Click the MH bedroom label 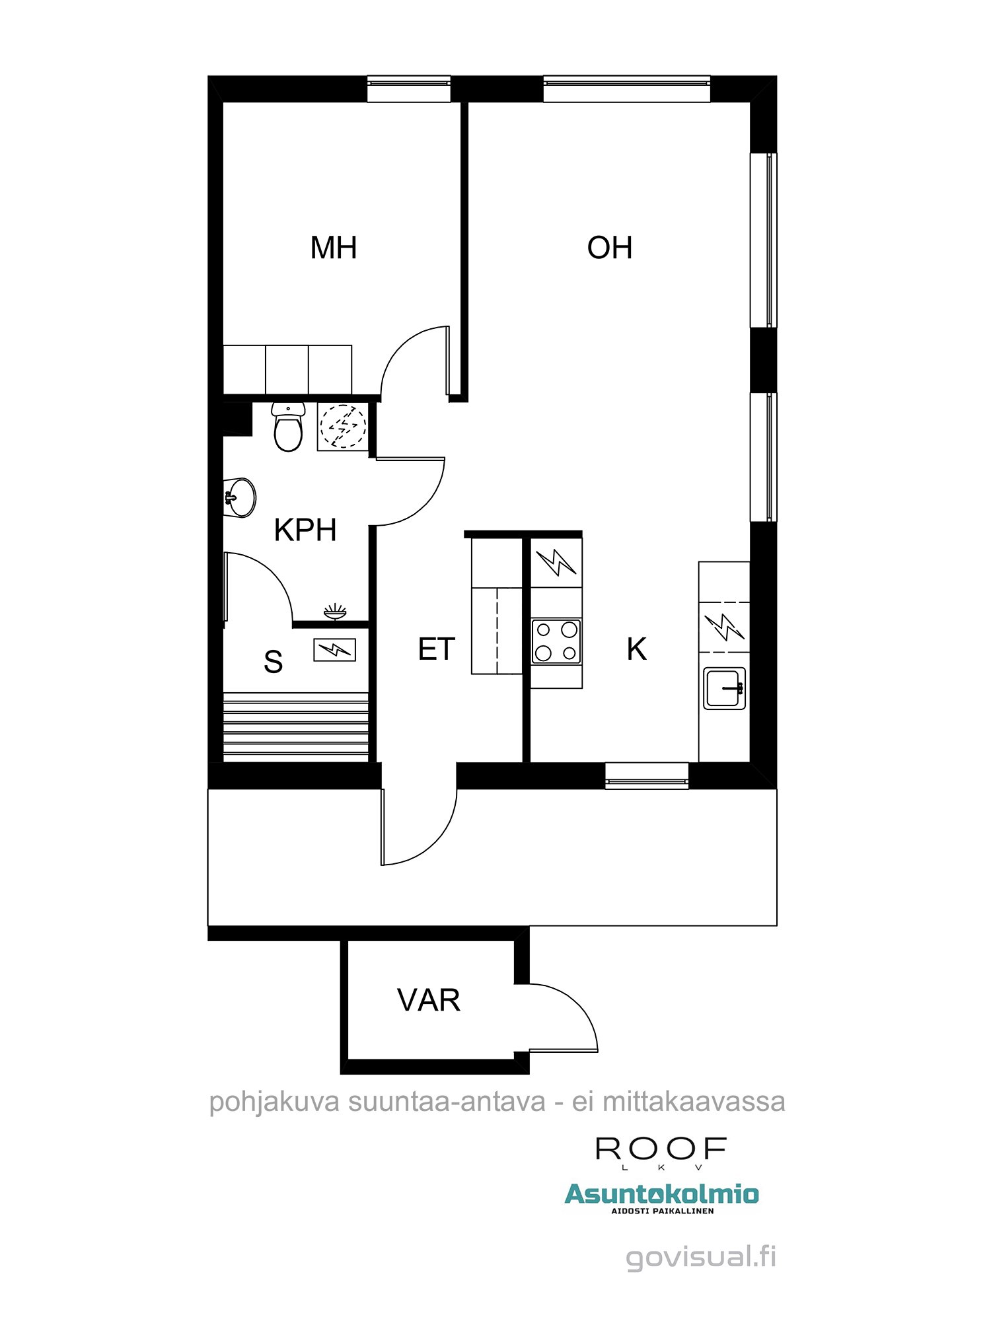click(334, 248)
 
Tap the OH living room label click(610, 248)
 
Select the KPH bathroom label click(305, 530)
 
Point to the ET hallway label click(437, 649)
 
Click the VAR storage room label click(429, 1000)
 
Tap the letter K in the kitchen click(637, 649)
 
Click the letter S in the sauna click(273, 661)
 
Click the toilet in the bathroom click(288, 427)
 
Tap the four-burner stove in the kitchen click(556, 641)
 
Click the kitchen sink click(725, 688)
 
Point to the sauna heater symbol click(334, 650)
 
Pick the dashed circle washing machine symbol click(343, 427)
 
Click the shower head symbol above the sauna click(335, 612)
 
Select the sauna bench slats click(296, 727)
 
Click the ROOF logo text click(661, 1150)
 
